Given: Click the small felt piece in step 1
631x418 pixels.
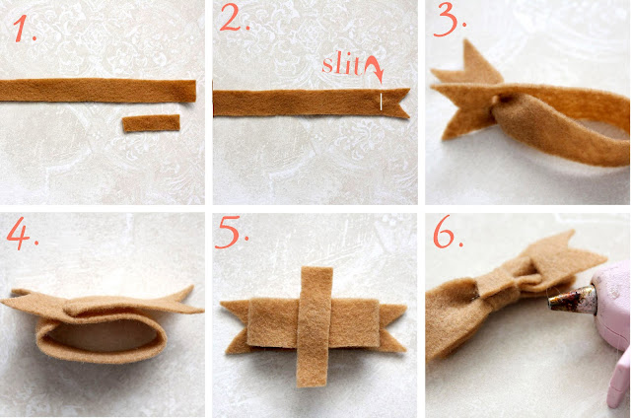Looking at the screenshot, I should point(151,122).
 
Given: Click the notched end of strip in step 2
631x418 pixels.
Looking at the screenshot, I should point(396,103).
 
